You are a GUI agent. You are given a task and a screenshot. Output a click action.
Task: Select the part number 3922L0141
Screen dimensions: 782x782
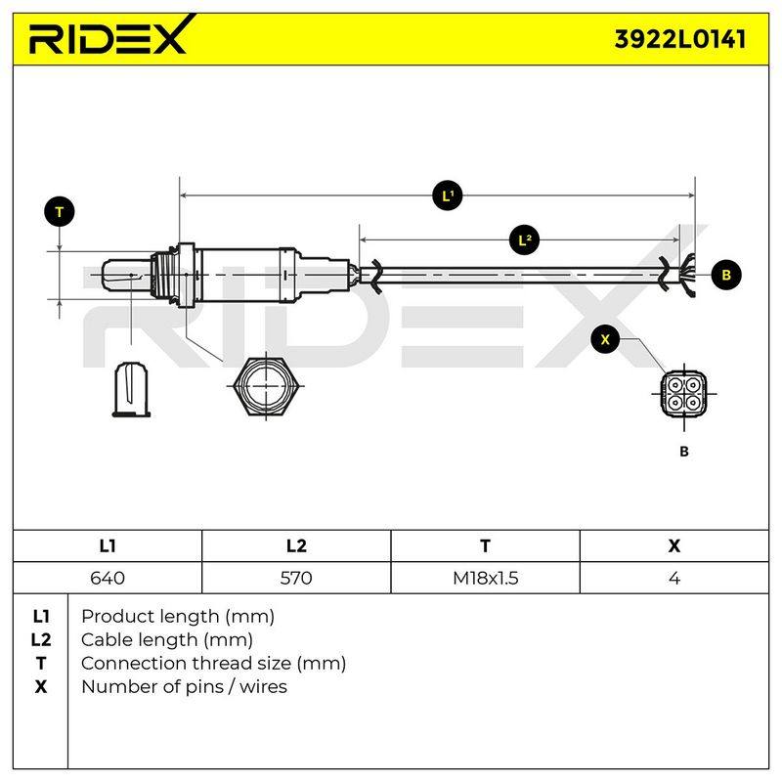pos(680,39)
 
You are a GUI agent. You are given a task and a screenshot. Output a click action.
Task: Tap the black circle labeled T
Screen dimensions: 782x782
pos(60,212)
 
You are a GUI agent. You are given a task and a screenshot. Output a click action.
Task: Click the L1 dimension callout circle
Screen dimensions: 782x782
pos(448,195)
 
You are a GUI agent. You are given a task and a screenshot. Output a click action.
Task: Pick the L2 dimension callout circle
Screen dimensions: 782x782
pos(524,240)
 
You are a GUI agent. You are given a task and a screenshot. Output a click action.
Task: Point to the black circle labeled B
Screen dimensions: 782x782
pos(726,275)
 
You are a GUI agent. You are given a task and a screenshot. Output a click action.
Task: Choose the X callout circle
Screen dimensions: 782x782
pos(605,339)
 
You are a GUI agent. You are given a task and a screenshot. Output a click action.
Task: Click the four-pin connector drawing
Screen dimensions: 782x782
pos(684,394)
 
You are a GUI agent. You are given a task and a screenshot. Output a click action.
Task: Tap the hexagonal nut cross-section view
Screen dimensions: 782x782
pos(266,386)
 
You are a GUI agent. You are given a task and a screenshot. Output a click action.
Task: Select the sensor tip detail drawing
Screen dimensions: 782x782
pos(132,389)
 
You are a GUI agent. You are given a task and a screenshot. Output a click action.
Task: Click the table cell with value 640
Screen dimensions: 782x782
pos(108,578)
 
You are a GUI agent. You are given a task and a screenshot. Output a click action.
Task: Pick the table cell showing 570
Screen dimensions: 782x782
pos(296,578)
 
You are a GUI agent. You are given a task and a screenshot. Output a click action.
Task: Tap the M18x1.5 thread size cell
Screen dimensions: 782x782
pos(485,578)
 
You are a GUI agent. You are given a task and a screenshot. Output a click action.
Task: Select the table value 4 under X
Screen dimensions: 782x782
pos(674,578)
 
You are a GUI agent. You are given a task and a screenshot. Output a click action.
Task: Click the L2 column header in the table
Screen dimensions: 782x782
pos(296,546)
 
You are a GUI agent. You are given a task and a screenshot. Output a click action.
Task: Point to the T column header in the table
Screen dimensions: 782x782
pos(485,546)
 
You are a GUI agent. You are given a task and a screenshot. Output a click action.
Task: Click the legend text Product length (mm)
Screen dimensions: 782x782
pos(178,617)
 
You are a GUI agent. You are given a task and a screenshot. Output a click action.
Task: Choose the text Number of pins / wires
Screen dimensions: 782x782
pos(184,687)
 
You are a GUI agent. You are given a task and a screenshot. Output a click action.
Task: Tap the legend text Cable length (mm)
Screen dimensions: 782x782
pos(167,640)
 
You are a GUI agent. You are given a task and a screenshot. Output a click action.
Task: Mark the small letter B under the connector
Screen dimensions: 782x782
pos(684,452)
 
